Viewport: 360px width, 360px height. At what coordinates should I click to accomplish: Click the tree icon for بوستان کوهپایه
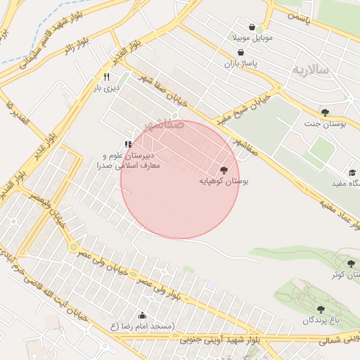click(x=224, y=169)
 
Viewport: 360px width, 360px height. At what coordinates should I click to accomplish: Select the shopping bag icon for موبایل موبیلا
click(x=252, y=27)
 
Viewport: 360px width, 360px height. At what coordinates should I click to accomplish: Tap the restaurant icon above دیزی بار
click(x=107, y=77)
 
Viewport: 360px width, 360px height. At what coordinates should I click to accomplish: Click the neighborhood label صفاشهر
click(x=165, y=124)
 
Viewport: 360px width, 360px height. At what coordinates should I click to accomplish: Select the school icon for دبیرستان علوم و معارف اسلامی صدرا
click(x=128, y=144)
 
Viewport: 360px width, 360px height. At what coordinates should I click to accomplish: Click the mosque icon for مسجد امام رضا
click(x=143, y=315)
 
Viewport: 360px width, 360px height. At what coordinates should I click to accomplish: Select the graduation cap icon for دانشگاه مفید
click(x=352, y=172)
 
